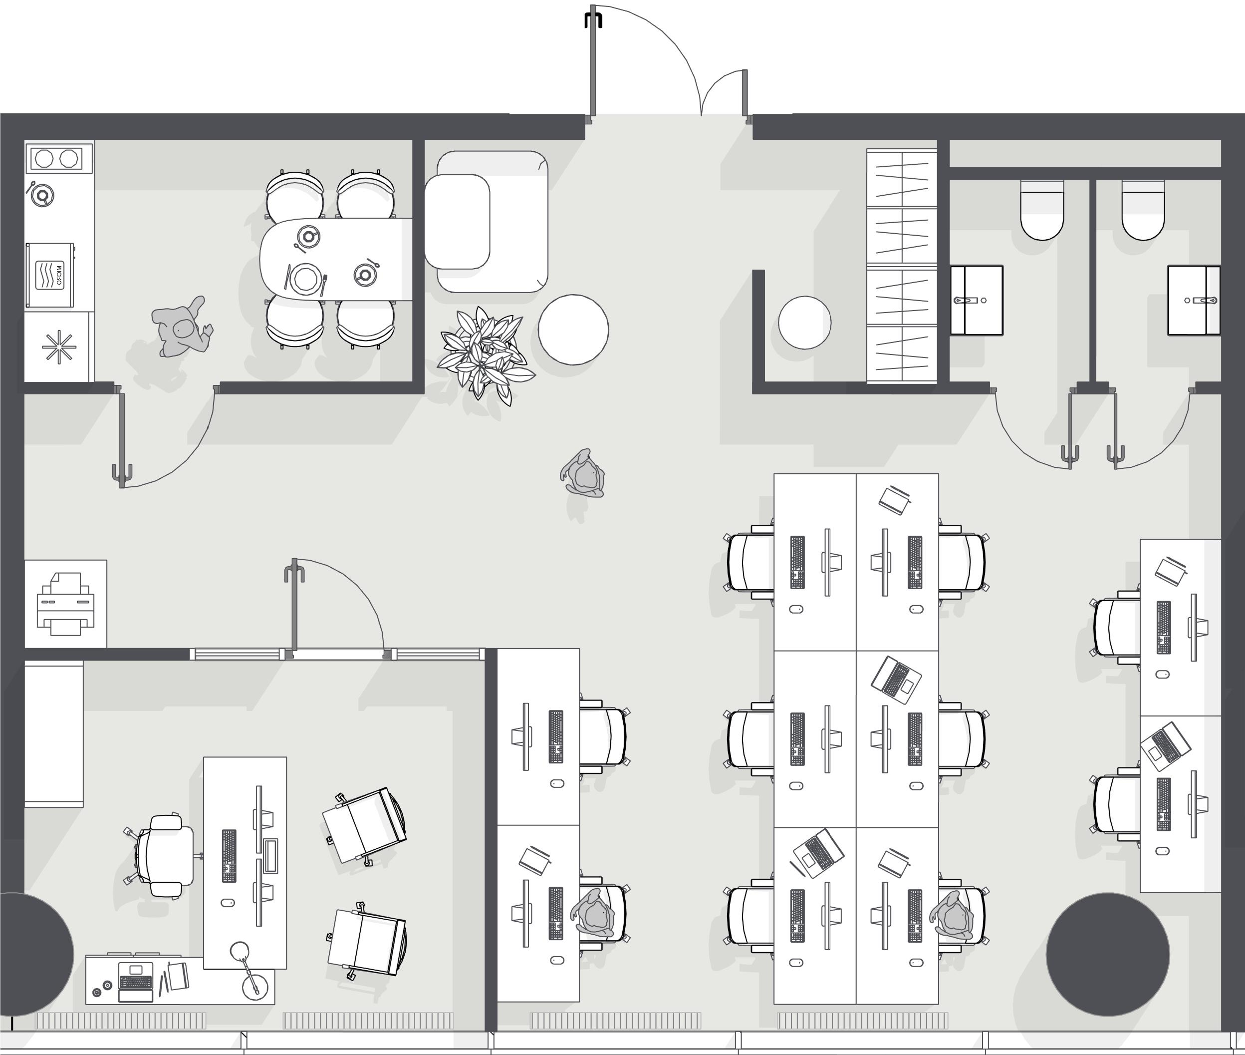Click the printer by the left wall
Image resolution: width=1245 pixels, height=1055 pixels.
click(66, 604)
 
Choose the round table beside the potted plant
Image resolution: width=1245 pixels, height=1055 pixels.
click(573, 330)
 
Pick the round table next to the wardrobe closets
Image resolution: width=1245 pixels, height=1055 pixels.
click(804, 322)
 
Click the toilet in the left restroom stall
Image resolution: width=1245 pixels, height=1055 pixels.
click(1042, 209)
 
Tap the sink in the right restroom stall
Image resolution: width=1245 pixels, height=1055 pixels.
click(1194, 300)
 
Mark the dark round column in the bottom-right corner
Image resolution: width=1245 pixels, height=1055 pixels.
click(1108, 955)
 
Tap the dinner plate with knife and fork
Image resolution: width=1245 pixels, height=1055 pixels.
click(306, 279)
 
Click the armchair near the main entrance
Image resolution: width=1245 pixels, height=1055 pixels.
click(487, 221)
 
